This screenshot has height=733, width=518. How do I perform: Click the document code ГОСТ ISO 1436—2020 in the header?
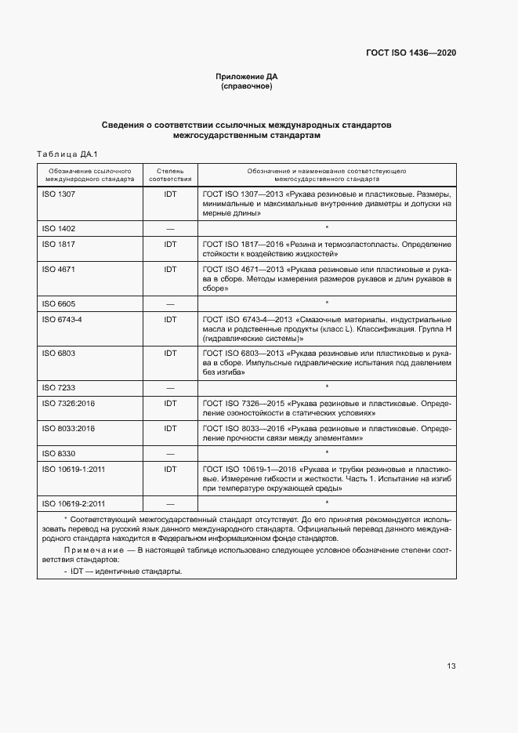click(411, 53)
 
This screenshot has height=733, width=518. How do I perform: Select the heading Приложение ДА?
click(247, 77)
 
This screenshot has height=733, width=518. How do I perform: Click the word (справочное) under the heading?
click(247, 86)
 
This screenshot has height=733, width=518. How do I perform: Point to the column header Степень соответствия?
click(170, 174)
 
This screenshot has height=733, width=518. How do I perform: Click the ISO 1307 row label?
click(58, 194)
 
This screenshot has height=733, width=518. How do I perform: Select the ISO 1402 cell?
click(58, 228)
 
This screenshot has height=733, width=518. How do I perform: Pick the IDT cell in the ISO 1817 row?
click(170, 245)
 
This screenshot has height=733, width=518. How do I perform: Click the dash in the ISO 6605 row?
click(170, 303)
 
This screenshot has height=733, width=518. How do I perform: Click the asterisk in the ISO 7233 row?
click(326, 386)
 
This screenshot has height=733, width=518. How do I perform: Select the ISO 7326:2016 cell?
click(67, 403)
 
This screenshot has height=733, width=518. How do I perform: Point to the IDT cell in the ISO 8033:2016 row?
click(170, 429)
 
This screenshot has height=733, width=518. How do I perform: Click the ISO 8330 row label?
click(58, 454)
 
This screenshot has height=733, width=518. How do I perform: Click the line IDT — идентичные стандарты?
click(125, 572)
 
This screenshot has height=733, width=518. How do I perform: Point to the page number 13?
click(451, 666)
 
